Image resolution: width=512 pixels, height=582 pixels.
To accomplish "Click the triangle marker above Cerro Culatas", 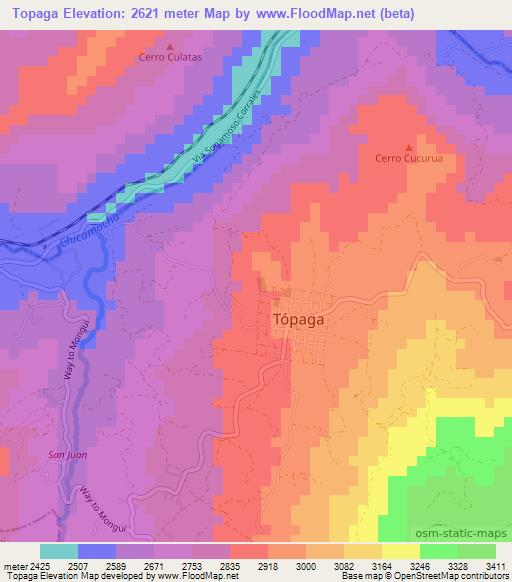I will pos(169,46).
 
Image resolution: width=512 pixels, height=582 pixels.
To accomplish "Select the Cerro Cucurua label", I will pos(408,159).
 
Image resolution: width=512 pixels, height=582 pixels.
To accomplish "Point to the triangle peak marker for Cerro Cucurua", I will pos(408,146).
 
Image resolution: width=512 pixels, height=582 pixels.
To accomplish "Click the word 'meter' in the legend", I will pos(13,565).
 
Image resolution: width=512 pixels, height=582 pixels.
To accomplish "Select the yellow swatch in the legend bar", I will pos(400,551).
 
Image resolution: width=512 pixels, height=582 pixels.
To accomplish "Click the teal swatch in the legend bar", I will pos(59,551).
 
